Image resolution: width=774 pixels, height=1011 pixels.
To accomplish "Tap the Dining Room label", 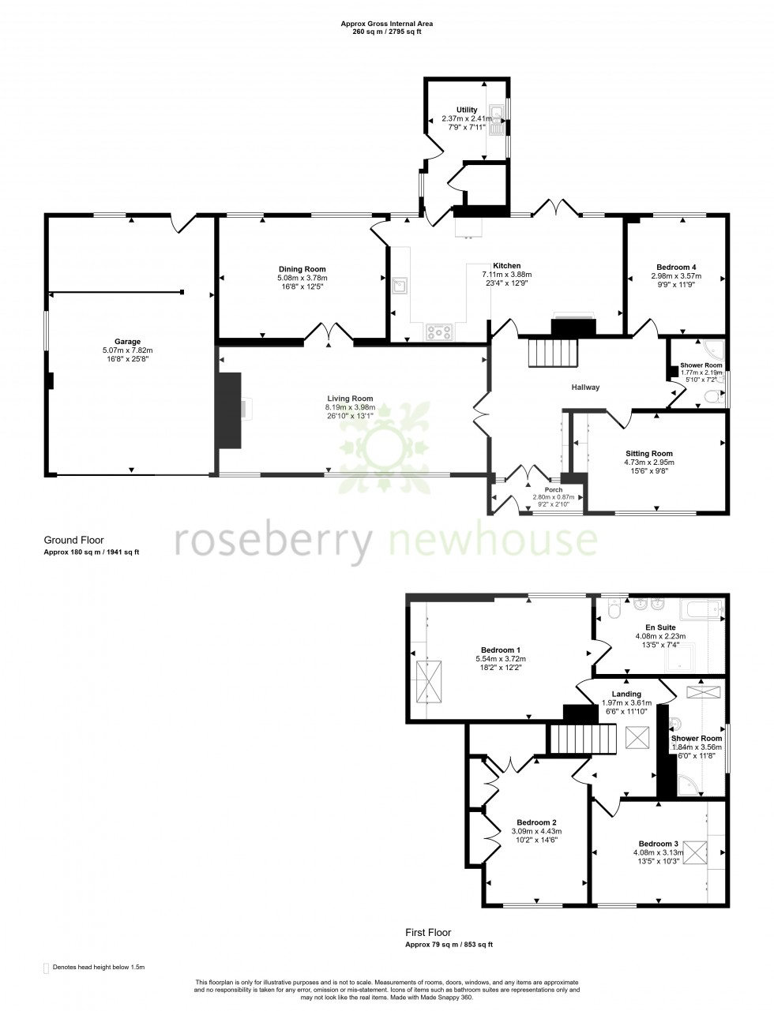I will click(302, 269).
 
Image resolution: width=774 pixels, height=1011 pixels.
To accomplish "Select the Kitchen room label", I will click(506, 266).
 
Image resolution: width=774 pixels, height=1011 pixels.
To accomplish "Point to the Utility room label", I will click(467, 110).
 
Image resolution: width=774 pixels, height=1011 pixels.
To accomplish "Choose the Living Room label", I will click(351, 399).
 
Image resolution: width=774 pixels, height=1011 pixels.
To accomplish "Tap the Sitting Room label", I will click(649, 454).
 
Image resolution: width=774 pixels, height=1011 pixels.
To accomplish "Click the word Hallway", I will click(586, 388).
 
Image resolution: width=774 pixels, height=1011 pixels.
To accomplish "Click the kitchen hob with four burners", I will click(438, 332).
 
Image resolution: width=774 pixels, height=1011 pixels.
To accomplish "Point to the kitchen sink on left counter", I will click(400, 285).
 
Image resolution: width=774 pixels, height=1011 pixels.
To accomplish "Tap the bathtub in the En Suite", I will click(701, 611).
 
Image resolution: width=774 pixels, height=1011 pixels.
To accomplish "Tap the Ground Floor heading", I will click(73, 541).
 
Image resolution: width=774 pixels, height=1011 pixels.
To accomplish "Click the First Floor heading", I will click(429, 933).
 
